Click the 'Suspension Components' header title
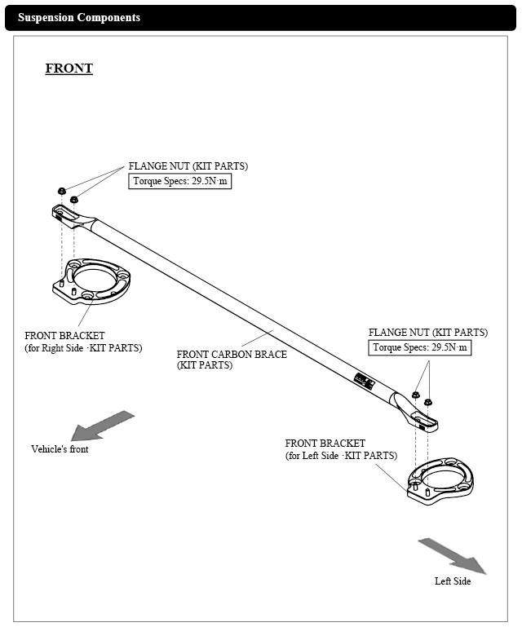click(79, 17)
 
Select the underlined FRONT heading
click(69, 68)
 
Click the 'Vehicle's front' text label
click(60, 449)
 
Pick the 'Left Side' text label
click(452, 581)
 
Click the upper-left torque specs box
click(179, 182)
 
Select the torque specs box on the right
click(419, 348)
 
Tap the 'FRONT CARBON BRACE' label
click(232, 360)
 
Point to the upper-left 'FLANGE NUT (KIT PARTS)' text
click(188, 166)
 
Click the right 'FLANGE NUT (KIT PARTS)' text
click(427, 333)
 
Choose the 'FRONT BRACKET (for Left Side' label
click(341, 449)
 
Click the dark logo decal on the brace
click(364, 379)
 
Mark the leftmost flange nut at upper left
click(62, 191)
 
